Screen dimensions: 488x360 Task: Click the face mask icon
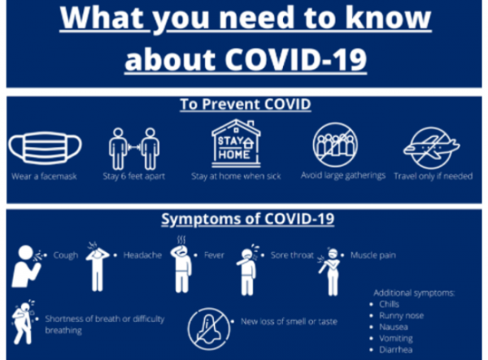(45, 148)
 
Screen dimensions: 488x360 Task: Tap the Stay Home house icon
(236, 143)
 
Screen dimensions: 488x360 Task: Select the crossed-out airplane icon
(431, 148)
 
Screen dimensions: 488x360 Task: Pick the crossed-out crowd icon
(335, 145)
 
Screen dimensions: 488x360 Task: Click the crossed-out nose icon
(209, 328)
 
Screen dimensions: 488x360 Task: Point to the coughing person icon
(27, 266)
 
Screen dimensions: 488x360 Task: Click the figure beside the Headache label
(98, 267)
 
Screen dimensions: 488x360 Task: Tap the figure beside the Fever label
(181, 265)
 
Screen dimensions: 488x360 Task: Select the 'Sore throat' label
(292, 255)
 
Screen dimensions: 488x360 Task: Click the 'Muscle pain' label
(373, 255)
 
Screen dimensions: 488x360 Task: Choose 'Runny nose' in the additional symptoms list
(401, 315)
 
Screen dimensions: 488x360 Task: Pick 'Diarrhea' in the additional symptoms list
(395, 349)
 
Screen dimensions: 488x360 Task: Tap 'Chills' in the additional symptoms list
(389, 304)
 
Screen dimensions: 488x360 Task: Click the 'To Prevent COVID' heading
(246, 104)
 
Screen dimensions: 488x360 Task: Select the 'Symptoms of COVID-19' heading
(248, 219)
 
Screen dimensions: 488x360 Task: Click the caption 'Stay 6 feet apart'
(134, 176)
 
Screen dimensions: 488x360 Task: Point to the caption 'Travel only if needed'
(434, 176)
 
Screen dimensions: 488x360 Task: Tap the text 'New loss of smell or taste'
(289, 322)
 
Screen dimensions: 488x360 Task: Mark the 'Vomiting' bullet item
(396, 338)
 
